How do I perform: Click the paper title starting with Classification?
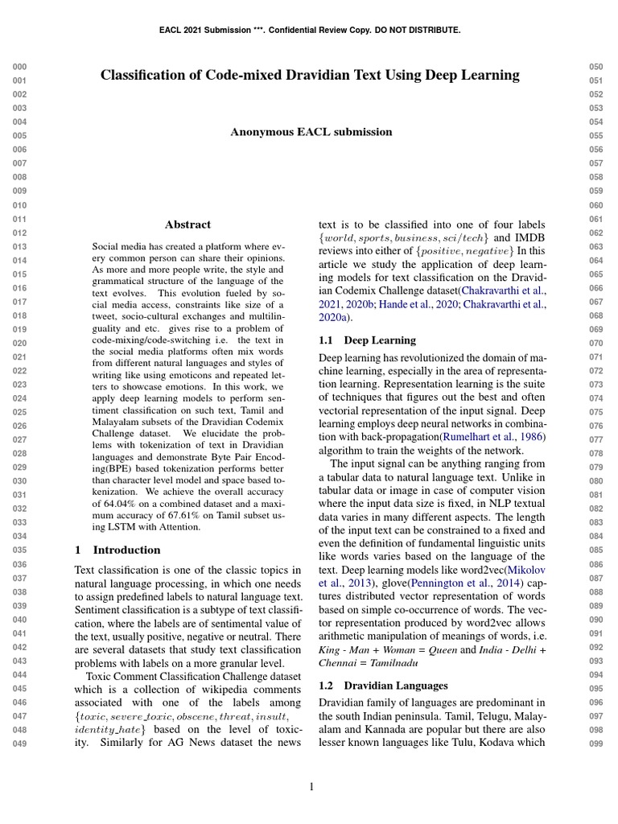pos(310,76)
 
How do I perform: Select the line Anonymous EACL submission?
pos(311,132)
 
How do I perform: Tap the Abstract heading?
pos(187,225)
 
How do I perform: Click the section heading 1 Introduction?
pos(117,550)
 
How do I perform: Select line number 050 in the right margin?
pos(596,67)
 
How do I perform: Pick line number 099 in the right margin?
pos(596,744)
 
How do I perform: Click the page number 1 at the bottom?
pos(311,787)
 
